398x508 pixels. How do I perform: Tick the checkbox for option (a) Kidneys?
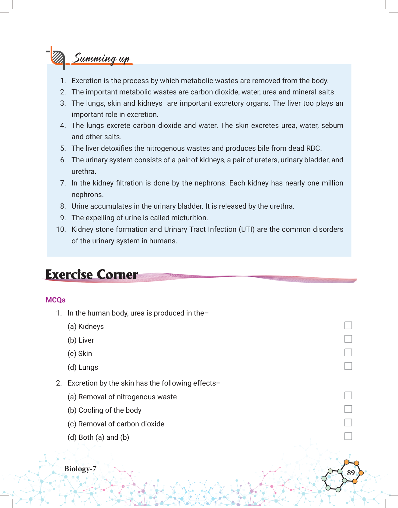[348, 325]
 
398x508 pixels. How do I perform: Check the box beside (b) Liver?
[348, 339]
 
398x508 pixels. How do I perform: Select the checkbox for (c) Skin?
[348, 352]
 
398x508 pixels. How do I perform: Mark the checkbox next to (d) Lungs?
[348, 366]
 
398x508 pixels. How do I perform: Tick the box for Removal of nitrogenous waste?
[348, 395]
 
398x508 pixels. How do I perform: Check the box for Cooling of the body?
[348, 409]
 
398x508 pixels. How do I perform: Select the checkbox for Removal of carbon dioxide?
[348, 422]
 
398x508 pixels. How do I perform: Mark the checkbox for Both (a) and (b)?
[348, 436]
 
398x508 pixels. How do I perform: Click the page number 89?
[351, 473]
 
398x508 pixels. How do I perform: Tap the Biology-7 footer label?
[80, 469]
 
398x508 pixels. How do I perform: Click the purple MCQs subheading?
[55, 300]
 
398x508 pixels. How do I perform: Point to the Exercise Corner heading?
[92, 274]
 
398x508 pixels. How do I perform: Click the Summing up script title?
[102, 58]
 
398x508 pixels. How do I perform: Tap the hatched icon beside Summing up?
[58, 57]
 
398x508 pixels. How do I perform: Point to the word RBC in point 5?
[313, 148]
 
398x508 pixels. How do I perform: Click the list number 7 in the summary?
[63, 183]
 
